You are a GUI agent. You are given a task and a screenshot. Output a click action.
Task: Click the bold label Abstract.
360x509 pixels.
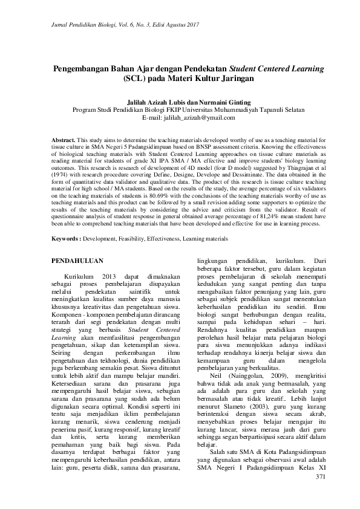(x=63, y=139)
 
